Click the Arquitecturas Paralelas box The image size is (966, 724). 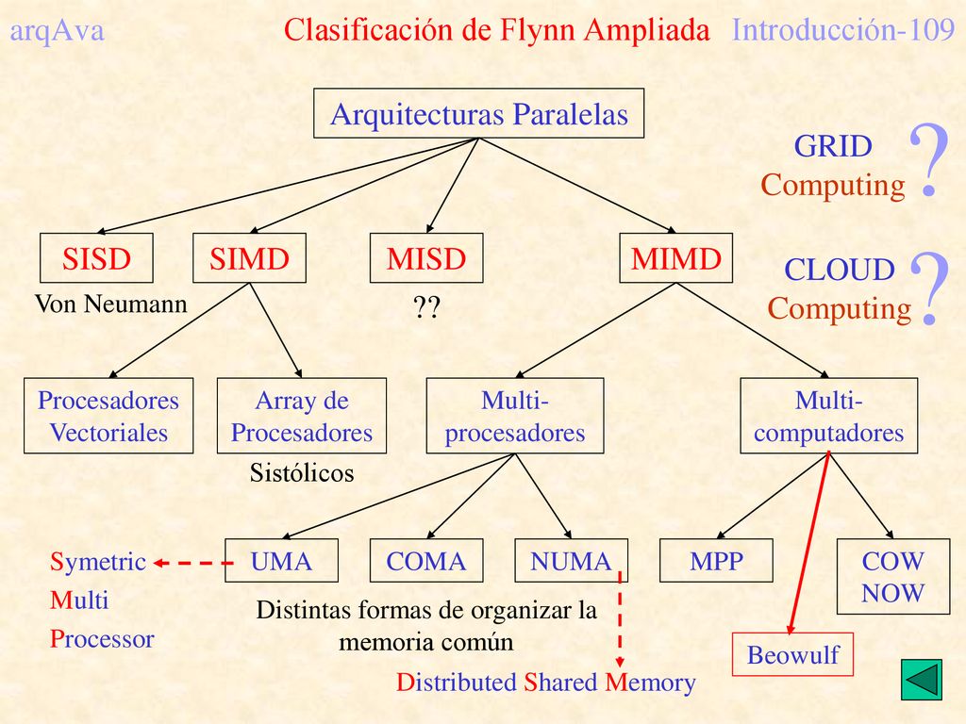click(478, 113)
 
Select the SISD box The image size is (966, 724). click(97, 258)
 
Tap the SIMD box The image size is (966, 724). click(249, 258)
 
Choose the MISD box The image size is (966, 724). click(426, 258)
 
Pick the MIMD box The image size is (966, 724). click(675, 258)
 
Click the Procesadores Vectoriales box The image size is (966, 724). click(108, 416)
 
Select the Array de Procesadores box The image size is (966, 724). click(302, 416)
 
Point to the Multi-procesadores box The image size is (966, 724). click(515, 416)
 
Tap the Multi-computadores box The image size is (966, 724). click(828, 416)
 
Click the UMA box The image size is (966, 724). click(281, 560)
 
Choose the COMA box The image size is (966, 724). click(426, 560)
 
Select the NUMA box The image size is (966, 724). click(571, 560)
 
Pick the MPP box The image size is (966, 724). click(716, 560)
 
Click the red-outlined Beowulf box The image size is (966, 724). click(792, 654)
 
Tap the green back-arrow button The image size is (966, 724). click(922, 680)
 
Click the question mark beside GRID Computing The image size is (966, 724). click(929, 159)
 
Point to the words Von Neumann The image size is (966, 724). click(111, 304)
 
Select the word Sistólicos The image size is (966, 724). click(302, 473)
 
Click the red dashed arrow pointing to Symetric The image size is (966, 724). click(193, 563)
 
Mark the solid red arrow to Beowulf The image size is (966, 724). click(809, 542)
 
